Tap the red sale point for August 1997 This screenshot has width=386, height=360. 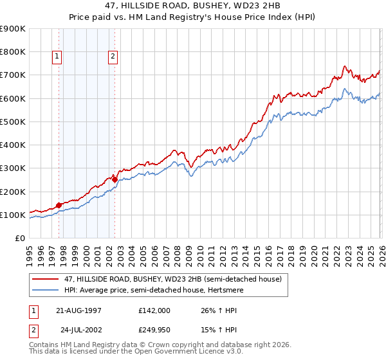tap(59, 205)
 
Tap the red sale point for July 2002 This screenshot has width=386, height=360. tap(115, 179)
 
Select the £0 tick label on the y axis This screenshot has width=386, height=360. tap(19, 239)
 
